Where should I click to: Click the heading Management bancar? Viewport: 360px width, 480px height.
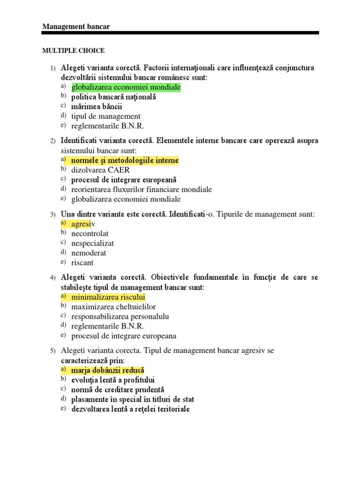(76, 27)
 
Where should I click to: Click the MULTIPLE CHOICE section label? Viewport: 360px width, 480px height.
(74, 51)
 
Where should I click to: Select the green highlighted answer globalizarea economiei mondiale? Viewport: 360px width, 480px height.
(126, 87)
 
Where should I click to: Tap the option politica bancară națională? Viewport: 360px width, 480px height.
(113, 97)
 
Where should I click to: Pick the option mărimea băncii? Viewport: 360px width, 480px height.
(97, 106)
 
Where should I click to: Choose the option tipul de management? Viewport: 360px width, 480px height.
(105, 116)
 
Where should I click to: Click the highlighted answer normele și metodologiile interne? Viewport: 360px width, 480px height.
(125, 160)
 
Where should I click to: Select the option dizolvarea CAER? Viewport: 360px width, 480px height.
(100, 170)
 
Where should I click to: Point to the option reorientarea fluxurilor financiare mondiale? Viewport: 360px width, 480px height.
(142, 189)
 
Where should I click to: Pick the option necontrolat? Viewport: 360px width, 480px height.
(90, 233)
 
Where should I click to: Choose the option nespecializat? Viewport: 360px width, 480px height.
(92, 243)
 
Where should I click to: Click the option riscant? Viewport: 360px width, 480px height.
(82, 262)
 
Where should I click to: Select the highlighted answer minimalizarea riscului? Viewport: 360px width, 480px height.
(108, 297)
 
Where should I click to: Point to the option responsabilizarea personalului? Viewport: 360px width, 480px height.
(120, 316)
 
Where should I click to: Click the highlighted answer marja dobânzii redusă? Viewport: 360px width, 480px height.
(108, 370)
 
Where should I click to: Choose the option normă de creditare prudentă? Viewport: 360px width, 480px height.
(118, 390)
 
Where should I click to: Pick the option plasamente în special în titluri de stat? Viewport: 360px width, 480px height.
(133, 399)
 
